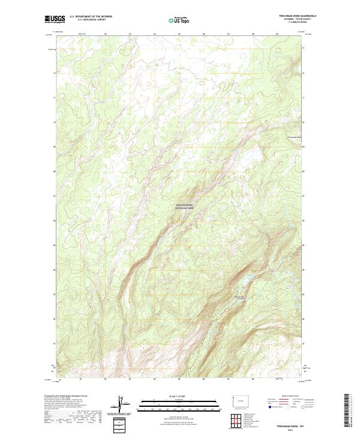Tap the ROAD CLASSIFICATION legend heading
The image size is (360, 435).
[290, 397]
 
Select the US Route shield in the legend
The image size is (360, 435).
[287, 407]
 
